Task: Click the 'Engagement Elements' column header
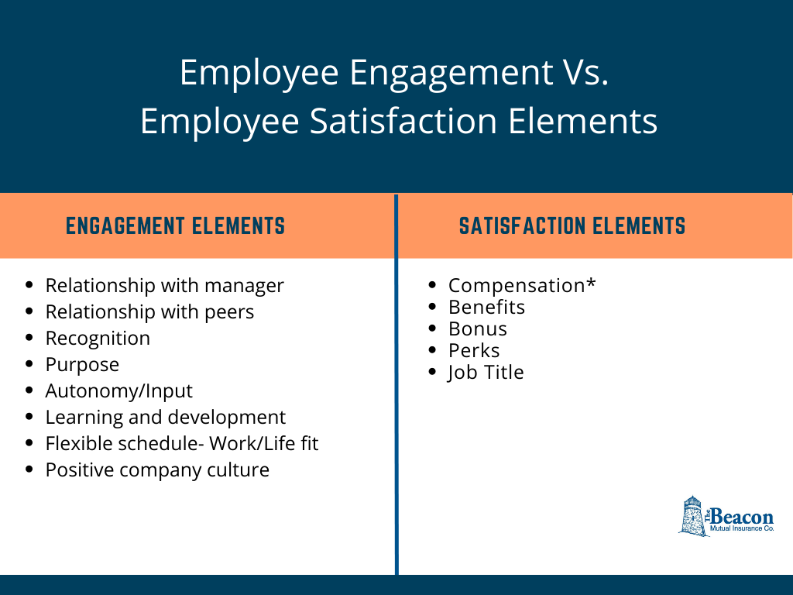point(175,226)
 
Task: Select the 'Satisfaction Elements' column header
point(572,226)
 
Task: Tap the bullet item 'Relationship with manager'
point(164,285)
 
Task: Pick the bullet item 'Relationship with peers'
point(149,311)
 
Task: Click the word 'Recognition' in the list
point(98,338)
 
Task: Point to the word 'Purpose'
point(82,364)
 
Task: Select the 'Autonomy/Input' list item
point(118,390)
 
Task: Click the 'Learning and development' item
point(165,417)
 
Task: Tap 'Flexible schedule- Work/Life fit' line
point(182,443)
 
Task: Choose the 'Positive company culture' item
point(157,469)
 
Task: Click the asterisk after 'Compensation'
point(591,283)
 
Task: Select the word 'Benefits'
point(486,307)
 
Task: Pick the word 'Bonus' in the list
point(478,328)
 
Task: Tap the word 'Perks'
point(474,350)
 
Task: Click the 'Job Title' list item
point(486,372)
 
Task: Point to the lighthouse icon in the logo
point(692,516)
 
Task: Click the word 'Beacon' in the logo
point(742,516)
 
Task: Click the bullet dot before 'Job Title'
point(433,372)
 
